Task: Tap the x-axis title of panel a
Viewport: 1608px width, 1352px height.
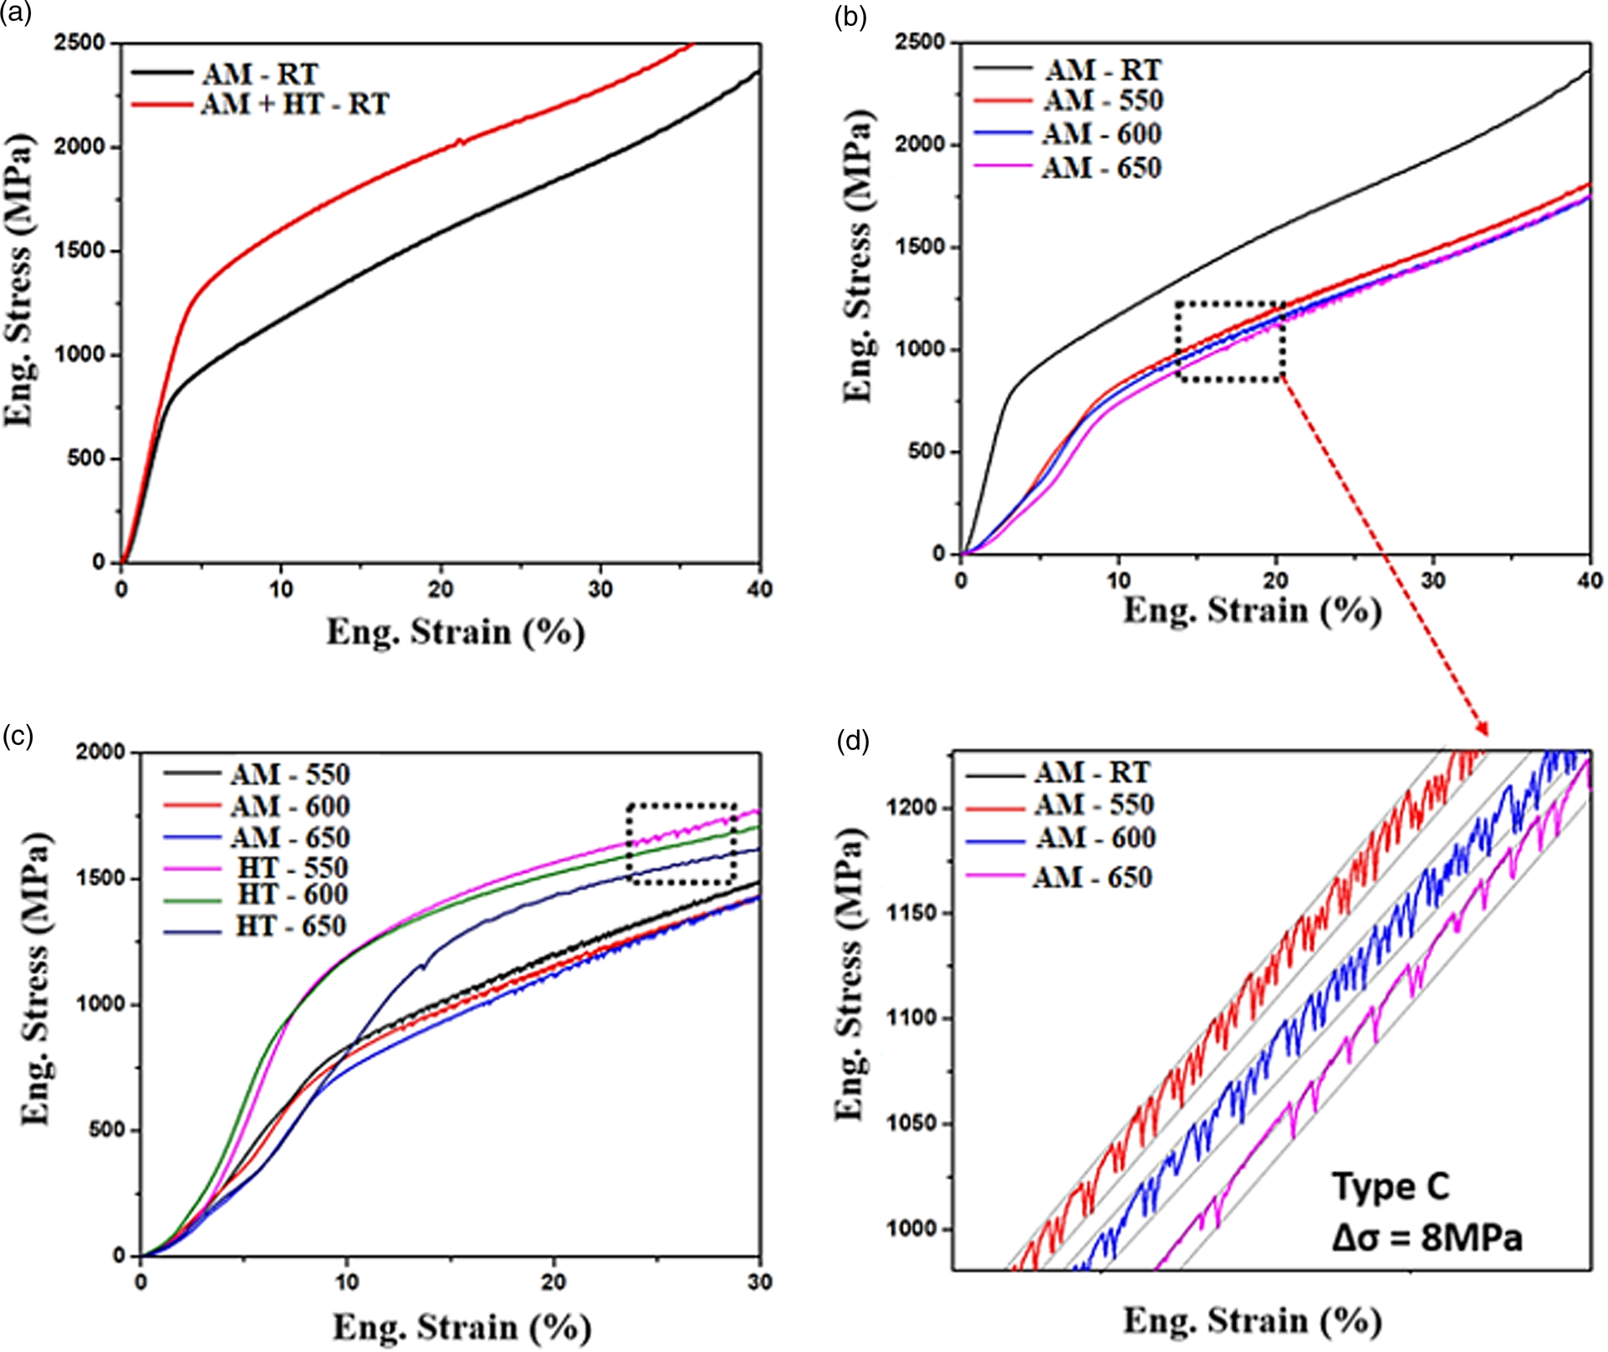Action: pos(455,632)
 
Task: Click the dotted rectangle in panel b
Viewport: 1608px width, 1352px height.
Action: pos(1229,342)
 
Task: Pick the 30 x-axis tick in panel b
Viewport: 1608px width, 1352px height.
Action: pos(1433,580)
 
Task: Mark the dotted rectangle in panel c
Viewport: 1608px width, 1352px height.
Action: pos(681,844)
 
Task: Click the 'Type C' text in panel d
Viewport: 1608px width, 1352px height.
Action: pos(1390,1186)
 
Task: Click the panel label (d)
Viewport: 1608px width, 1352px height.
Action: pos(852,741)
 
